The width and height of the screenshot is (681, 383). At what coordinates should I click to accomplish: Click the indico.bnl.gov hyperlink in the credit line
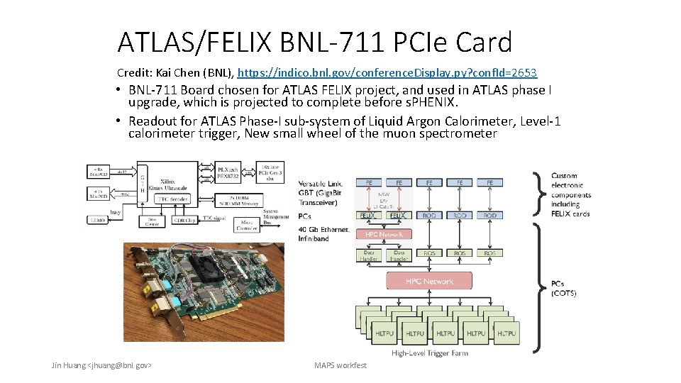coord(387,73)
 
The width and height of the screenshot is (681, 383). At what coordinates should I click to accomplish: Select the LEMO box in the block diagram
coord(118,221)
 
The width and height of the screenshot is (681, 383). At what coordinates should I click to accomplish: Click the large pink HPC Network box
coord(429,282)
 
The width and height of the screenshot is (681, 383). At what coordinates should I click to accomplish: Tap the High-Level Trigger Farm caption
coord(429,353)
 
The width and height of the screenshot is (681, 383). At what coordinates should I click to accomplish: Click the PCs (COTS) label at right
coord(564,288)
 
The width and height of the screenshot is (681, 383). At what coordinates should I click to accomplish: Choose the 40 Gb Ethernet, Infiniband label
coord(323,233)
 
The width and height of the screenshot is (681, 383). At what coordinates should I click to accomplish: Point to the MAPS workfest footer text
coord(340,365)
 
